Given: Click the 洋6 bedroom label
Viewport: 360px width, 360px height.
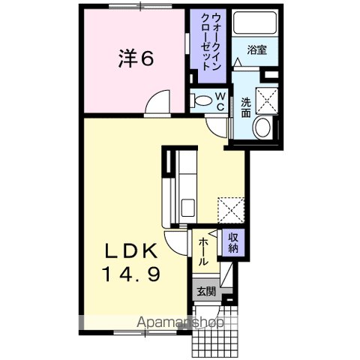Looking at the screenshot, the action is pyautogui.click(x=136, y=58).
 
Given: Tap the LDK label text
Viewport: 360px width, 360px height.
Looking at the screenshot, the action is pyautogui.click(x=131, y=251).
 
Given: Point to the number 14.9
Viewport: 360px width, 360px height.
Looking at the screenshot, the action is pyautogui.click(x=131, y=274).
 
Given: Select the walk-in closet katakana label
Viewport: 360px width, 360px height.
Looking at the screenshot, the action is pyautogui.click(x=211, y=43).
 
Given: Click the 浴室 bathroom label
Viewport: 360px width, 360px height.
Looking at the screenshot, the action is pyautogui.click(x=256, y=50).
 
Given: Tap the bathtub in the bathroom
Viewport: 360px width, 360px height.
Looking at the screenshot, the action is pyautogui.click(x=255, y=22).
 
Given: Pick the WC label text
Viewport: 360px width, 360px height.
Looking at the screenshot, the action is pyautogui.click(x=220, y=101).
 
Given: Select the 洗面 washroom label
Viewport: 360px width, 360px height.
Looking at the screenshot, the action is pyautogui.click(x=246, y=107).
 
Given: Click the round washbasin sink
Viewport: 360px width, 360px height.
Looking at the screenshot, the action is pyautogui.click(x=262, y=127).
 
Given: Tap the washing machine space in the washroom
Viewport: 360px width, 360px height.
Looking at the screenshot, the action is pyautogui.click(x=267, y=101).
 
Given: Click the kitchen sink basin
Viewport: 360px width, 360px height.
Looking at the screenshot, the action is pyautogui.click(x=188, y=208).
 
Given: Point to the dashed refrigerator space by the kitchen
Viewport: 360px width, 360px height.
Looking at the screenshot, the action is pyautogui.click(x=231, y=210).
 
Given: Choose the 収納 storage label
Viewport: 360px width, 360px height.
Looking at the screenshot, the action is pyautogui.click(x=233, y=242).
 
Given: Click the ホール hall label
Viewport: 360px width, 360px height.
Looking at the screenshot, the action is pyautogui.click(x=203, y=251).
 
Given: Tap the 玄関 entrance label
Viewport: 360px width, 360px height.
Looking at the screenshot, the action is pyautogui.click(x=206, y=292).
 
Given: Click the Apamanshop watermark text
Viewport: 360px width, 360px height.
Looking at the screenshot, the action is pyautogui.click(x=180, y=322).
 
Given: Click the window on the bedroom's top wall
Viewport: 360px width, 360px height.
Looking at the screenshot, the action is pyautogui.click(x=140, y=6).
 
